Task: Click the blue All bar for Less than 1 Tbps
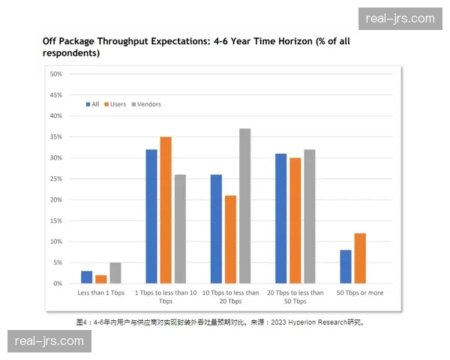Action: pyautogui.click(x=87, y=277)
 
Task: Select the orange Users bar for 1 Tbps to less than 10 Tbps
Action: pyautogui.click(x=166, y=210)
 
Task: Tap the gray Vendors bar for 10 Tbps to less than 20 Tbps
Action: pyautogui.click(x=244, y=205)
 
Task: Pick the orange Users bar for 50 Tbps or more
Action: pyautogui.click(x=359, y=258)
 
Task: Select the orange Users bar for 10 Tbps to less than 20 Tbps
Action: pyautogui.click(x=230, y=239)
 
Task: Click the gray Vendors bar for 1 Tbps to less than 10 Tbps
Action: pyautogui.click(x=180, y=229)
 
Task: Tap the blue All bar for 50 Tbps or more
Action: pyautogui.click(x=345, y=266)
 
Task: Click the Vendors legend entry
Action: pyautogui.click(x=148, y=104)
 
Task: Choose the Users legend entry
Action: pyautogui.click(x=118, y=104)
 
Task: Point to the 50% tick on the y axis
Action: pyautogui.click(x=55, y=73)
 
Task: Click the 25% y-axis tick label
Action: pyautogui.click(x=55, y=178)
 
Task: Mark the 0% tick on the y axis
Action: pyautogui.click(x=57, y=283)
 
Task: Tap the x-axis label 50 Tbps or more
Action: pyautogui.click(x=360, y=293)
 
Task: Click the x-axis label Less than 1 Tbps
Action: pyautogui.click(x=101, y=293)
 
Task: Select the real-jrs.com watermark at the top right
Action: pyautogui.click(x=400, y=19)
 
